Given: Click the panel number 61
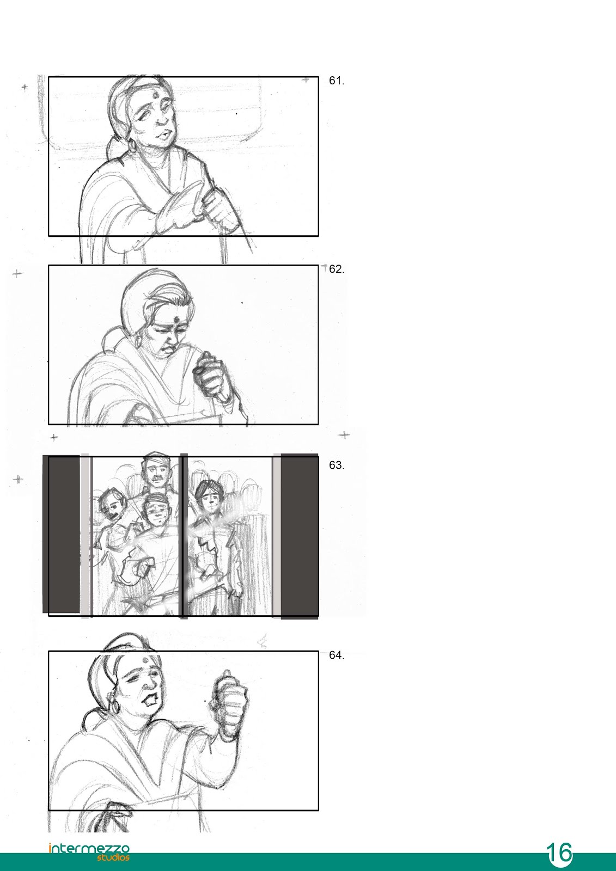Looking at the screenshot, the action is point(337,81).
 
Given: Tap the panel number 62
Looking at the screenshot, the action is point(337,269).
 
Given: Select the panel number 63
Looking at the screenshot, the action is point(337,465).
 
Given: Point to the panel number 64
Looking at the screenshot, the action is point(337,655).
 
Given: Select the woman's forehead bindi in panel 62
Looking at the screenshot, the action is point(176,318).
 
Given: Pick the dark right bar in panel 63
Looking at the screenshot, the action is point(300,536).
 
